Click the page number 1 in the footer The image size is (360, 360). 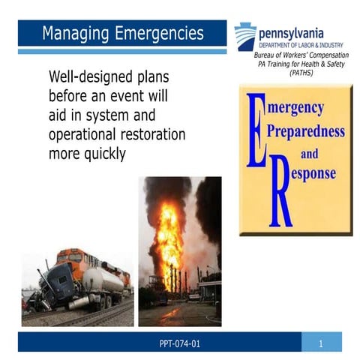click(x=319, y=343)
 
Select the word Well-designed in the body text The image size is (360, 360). click(x=89, y=78)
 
